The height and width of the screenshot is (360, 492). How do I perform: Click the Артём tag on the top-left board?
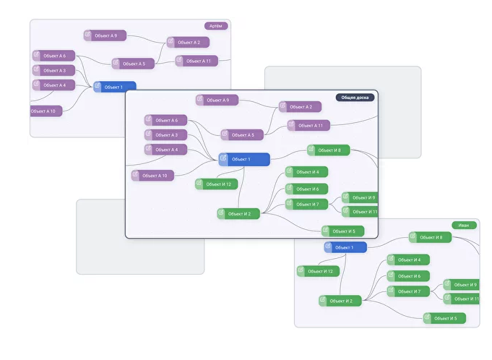tap(216, 26)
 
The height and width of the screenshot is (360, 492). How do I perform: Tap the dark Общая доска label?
tap(355, 97)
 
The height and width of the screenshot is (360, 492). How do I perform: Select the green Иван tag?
tap(463, 225)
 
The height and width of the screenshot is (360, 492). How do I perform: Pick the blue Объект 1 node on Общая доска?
tap(244, 159)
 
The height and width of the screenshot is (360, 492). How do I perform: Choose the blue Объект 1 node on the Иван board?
tap(345, 247)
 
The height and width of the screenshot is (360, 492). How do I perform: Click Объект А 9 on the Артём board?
tap(105, 35)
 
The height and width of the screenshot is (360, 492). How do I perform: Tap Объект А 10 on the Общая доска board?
tap(153, 175)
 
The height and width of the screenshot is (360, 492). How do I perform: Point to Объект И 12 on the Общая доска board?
tap(217, 184)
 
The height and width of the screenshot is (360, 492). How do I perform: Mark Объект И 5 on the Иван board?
tap(445, 318)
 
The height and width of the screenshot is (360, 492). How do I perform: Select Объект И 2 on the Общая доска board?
tap(238, 213)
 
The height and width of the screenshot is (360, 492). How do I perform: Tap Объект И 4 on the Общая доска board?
tap(308, 172)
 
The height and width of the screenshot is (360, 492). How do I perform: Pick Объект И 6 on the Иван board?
tap(409, 275)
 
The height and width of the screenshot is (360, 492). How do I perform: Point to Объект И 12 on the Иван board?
tap(318, 271)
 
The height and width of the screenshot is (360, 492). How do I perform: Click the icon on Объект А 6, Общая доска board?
tap(150, 120)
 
